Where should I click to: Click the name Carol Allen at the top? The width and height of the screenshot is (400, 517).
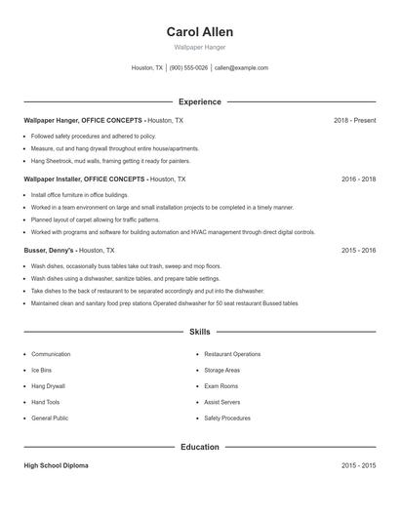pyautogui.click(x=199, y=32)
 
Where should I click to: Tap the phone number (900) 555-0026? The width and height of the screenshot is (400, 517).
pyautogui.click(x=189, y=68)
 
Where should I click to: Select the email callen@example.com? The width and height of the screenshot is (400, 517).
pyautogui.click(x=241, y=68)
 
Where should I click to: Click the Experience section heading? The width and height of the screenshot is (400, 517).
pyautogui.click(x=199, y=101)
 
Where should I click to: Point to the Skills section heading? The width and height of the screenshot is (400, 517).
pyautogui.click(x=199, y=333)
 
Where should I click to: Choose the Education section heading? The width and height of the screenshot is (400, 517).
pyautogui.click(x=199, y=447)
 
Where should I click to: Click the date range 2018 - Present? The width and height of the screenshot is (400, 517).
pyautogui.click(x=354, y=120)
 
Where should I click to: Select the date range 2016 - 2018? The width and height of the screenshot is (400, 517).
pyautogui.click(x=358, y=179)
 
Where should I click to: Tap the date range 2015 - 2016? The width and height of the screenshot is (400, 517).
pyautogui.click(x=358, y=251)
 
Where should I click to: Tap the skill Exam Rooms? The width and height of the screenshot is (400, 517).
pyautogui.click(x=221, y=386)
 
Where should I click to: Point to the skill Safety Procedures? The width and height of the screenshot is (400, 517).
pyautogui.click(x=227, y=418)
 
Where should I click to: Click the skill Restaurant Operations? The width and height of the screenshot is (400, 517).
pyautogui.click(x=232, y=354)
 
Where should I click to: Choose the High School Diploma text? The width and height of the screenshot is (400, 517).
pyautogui.click(x=56, y=466)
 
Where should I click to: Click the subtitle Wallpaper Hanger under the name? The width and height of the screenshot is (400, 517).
pyautogui.click(x=199, y=47)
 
